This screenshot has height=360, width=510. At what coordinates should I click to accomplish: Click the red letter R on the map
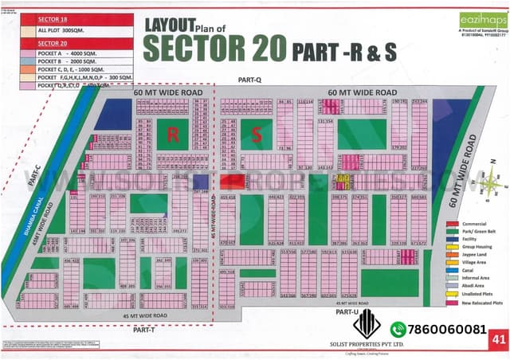point(172,135)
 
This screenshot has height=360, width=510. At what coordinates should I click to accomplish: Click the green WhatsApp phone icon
point(398,329)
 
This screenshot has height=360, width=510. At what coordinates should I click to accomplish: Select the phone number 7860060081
point(448,329)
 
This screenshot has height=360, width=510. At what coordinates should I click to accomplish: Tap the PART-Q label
point(249,80)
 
